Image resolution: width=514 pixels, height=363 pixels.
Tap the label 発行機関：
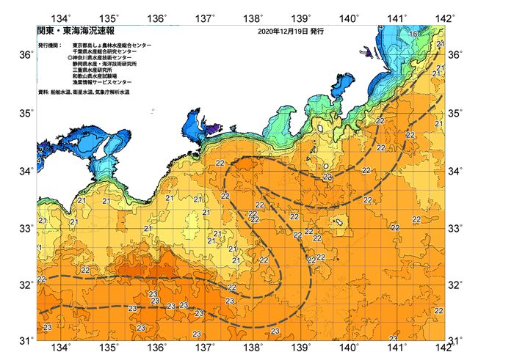51,45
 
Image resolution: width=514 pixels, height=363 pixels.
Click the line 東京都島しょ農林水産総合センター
112,45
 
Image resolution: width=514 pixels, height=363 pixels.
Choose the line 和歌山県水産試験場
98,76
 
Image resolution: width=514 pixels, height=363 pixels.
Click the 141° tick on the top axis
397,18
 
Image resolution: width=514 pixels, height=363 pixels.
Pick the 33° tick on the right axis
455,228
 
